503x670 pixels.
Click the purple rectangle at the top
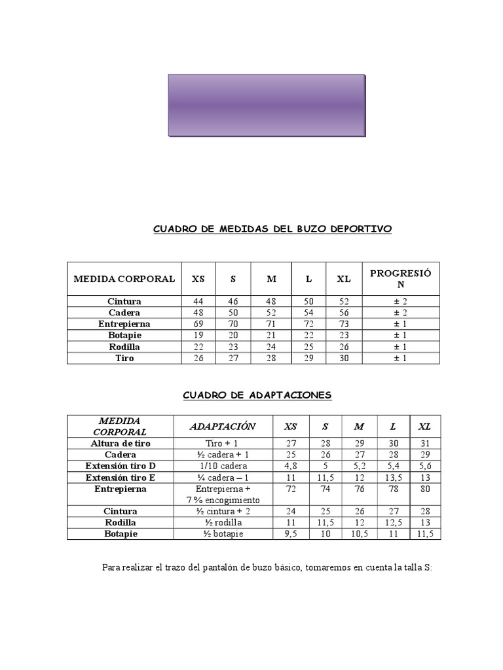266,105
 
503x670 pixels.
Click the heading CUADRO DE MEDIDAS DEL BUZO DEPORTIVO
272,229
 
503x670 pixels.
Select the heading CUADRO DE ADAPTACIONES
257,395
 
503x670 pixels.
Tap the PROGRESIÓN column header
401,279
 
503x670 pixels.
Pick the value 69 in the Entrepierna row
198,324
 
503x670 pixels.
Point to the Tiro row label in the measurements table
124,358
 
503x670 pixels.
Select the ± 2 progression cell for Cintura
401,302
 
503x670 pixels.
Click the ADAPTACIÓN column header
222,427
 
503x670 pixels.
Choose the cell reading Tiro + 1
222,443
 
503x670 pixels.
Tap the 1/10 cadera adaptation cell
222,465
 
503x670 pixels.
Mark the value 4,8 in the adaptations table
290,465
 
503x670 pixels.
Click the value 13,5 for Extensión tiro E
393,477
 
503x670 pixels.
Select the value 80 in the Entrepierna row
424,489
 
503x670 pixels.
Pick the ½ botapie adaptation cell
222,534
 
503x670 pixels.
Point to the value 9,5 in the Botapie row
290,534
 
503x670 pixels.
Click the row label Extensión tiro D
121,465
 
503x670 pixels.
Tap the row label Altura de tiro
121,443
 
